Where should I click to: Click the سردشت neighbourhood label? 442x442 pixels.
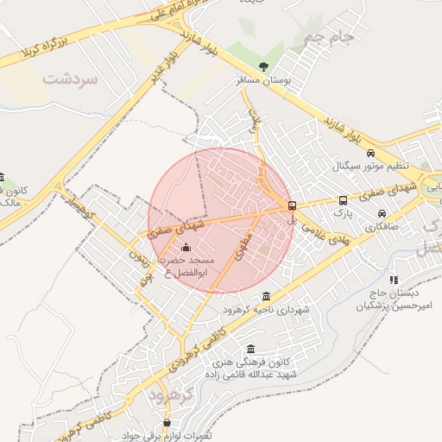tap(69, 79)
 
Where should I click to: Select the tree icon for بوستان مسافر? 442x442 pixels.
tap(263, 67)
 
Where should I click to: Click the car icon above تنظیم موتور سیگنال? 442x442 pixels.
tap(370, 152)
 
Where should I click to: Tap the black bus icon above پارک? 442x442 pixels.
tap(344, 200)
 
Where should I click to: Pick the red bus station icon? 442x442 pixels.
tap(292, 205)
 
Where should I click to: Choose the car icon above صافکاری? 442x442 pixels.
tap(381, 214)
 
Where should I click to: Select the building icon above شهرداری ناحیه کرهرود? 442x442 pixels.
tap(265, 296)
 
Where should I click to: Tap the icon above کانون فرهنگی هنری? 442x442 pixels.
tap(250, 349)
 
